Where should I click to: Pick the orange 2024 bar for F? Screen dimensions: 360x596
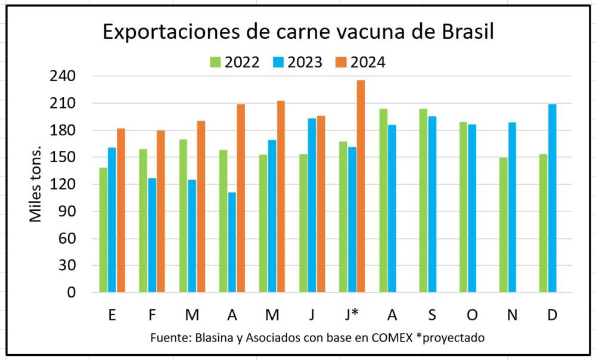161,212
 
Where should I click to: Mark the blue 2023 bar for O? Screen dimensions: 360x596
472,209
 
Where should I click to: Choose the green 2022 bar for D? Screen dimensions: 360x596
543,224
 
